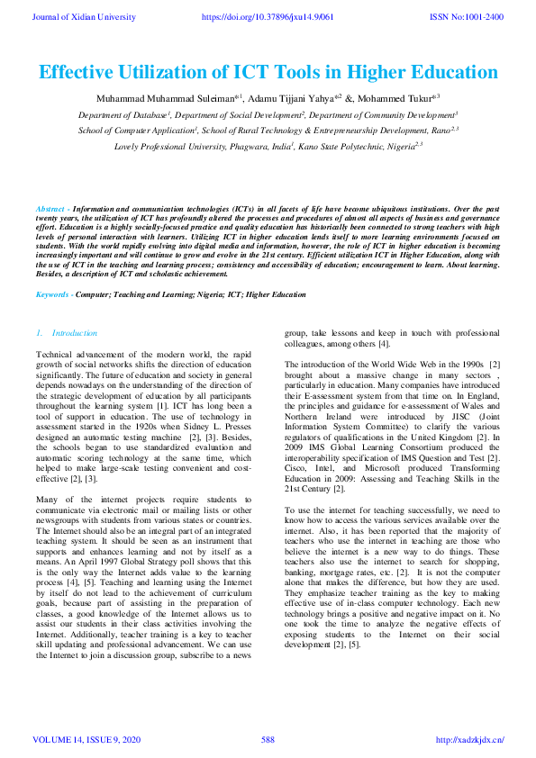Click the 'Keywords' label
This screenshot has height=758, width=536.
53,294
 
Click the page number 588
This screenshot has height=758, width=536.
268,740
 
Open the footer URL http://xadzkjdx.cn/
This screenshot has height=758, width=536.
469,740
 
